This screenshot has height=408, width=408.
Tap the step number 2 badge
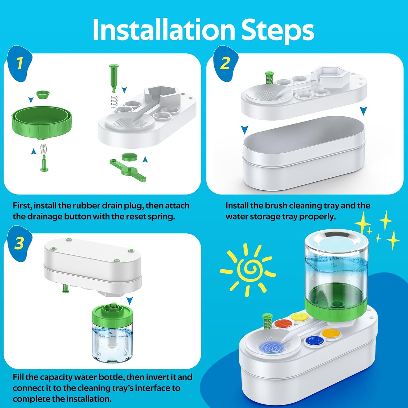pos(225,64)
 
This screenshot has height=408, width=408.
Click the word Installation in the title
pos(163,30)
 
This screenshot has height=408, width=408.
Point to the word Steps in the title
pos(278,31)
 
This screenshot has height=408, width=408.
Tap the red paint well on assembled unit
pos(283,323)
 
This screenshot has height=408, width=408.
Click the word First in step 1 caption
pos(22,206)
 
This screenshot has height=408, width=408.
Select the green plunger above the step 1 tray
pos(114,78)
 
